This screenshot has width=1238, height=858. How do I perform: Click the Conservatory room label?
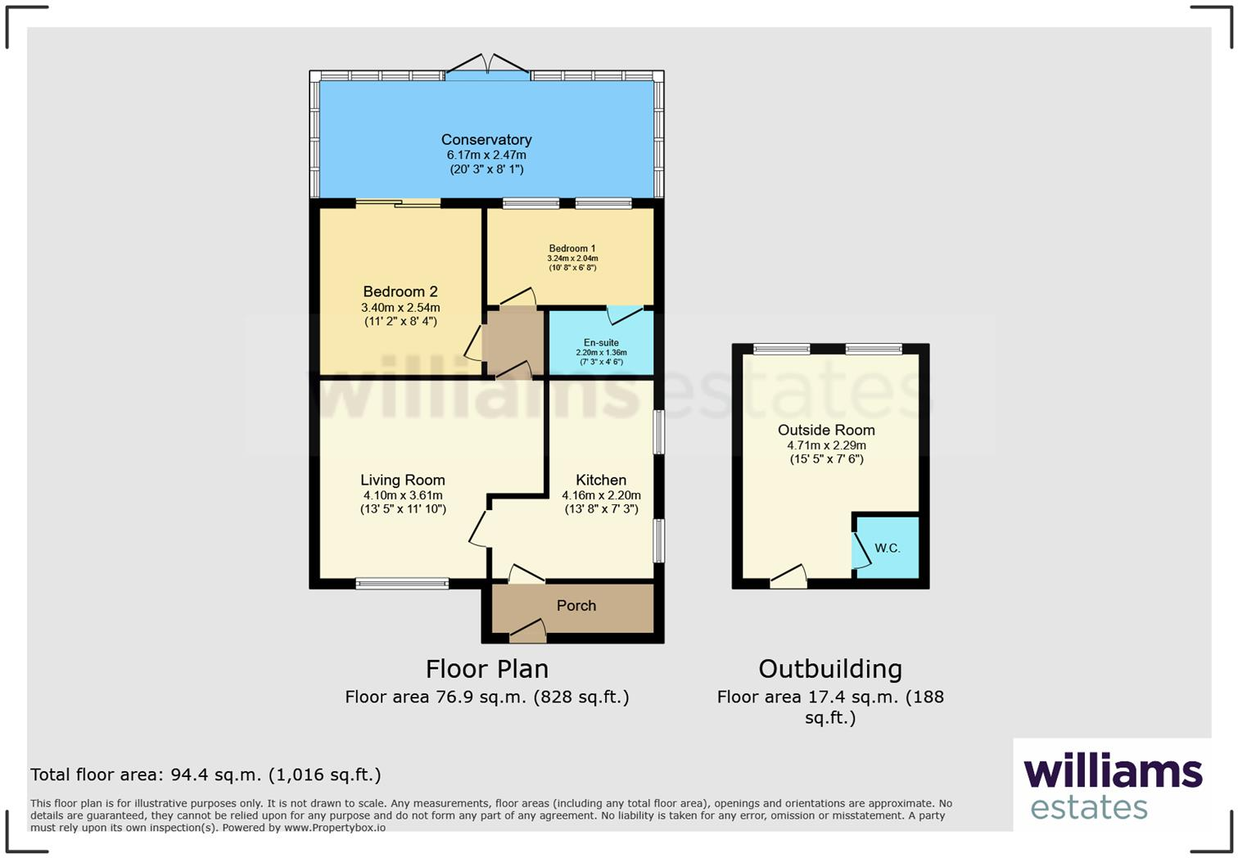coord(486,139)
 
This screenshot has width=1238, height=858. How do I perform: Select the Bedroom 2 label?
coord(400,291)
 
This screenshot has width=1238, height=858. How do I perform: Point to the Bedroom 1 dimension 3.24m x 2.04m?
coord(572,259)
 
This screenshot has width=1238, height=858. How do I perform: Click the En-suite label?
coord(601,343)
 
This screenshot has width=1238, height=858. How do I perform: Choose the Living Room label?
coord(403,481)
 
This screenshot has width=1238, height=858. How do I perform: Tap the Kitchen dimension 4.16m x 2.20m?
coord(601,495)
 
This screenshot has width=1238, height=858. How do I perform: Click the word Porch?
coord(576,606)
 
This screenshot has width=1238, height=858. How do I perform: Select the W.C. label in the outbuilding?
coord(888,549)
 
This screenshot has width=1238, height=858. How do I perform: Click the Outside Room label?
coord(826,430)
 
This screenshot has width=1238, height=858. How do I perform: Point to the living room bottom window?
coord(402,584)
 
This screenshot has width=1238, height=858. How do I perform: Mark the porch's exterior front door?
coord(527,631)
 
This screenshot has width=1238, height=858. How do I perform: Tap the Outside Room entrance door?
coord(788,577)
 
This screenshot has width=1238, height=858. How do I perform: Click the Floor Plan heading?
coord(487,669)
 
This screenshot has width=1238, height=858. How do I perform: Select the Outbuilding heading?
coord(830,669)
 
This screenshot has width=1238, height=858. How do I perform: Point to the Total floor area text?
coord(206,774)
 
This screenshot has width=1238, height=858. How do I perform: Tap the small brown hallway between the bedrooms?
coord(513,341)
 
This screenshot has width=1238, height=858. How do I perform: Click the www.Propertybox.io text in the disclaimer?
coord(335,828)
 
